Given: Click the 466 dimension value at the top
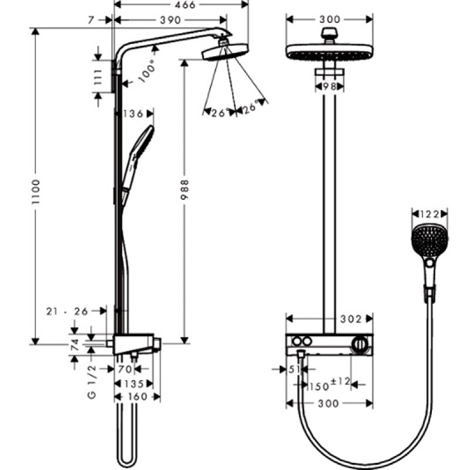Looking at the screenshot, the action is click(x=186, y=5).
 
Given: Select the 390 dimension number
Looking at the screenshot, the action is click(x=170, y=20).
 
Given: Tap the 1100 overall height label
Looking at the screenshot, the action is click(x=36, y=192).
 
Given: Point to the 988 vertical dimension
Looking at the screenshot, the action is click(x=184, y=190).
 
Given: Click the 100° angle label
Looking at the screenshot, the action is click(x=147, y=71).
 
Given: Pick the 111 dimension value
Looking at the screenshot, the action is click(x=98, y=77).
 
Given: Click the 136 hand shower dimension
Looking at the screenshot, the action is click(x=133, y=114).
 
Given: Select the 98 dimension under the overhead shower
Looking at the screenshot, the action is click(x=330, y=86).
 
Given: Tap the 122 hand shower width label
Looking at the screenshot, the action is click(x=429, y=214).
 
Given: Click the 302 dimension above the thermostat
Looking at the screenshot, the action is click(x=351, y=319).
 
